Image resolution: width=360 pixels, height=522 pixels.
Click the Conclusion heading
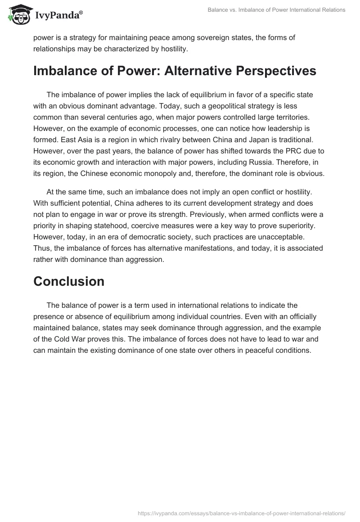[69, 281]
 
